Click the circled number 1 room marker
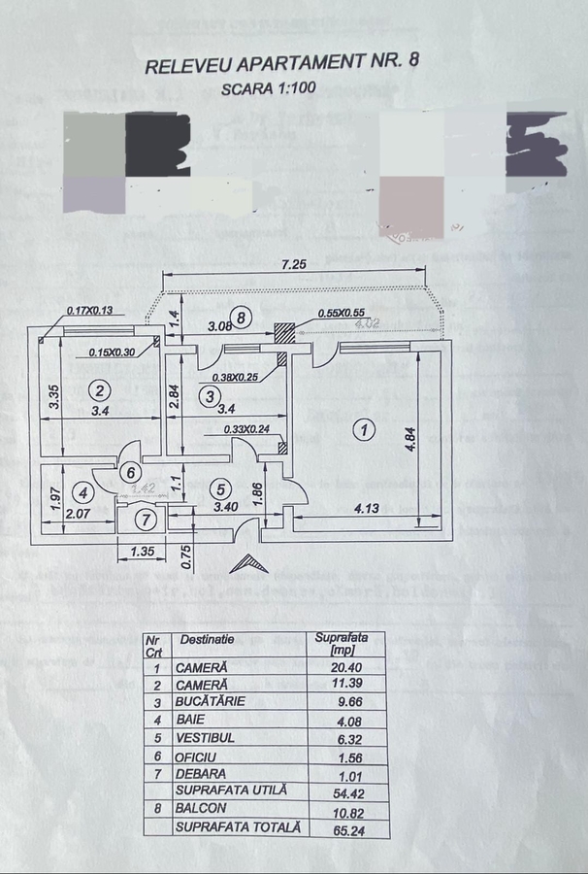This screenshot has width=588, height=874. [363, 428]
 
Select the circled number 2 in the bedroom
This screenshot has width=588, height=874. [98, 390]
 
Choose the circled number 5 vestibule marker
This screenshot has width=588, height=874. [220, 489]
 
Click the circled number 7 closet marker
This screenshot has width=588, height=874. [144, 521]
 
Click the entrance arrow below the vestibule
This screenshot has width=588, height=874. [247, 564]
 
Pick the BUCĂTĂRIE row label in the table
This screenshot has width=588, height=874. [210, 700]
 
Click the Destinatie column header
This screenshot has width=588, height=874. [207, 640]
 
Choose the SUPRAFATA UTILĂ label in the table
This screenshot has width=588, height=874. [231, 790]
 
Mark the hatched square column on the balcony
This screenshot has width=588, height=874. [283, 331]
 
